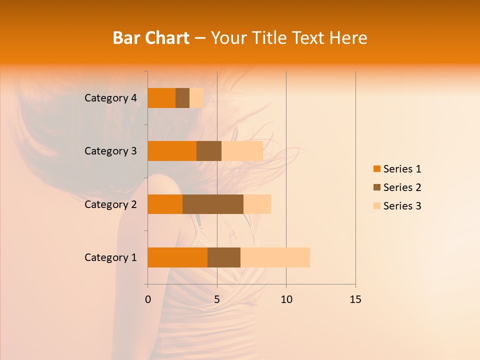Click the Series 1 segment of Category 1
[x=177, y=257]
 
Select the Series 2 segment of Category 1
[x=224, y=257]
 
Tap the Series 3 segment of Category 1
[x=275, y=257]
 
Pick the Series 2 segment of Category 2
[x=213, y=204]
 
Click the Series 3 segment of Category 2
[x=257, y=204]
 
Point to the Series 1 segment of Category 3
[x=172, y=151]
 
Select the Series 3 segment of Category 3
[x=242, y=151]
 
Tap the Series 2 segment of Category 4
[x=182, y=98]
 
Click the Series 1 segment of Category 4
[x=161, y=98]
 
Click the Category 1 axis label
[x=110, y=257]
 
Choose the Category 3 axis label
[x=110, y=151]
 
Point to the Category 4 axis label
[x=110, y=98]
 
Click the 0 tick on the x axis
[x=148, y=299]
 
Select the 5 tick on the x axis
[x=217, y=299]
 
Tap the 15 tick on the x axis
[x=355, y=299]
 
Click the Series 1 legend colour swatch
[x=377, y=169]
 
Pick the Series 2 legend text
[x=402, y=187]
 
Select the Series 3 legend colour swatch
[x=377, y=206]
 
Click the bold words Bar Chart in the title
[x=151, y=38]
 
